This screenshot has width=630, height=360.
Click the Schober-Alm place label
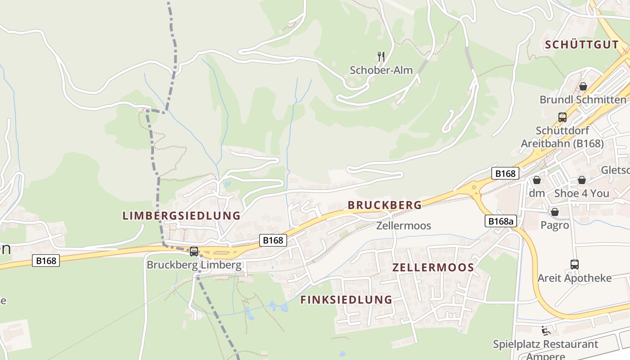381,70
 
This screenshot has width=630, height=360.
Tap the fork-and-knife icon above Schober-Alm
381,57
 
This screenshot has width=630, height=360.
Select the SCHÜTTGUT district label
581,45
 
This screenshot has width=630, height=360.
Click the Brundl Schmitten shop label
583,99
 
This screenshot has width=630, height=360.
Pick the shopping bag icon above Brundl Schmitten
583,86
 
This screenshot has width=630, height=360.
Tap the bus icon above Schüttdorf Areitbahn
562,117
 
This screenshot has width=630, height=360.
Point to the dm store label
537,193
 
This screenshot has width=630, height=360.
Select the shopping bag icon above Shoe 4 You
582,180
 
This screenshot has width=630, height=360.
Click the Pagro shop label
555,225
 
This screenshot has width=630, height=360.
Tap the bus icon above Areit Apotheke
575,265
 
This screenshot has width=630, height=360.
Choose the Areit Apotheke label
575,278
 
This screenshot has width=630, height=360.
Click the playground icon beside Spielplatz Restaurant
546,331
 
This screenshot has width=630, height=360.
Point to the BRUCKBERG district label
385,205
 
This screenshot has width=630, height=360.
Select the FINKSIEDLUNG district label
346,300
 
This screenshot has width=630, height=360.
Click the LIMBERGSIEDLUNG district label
181,216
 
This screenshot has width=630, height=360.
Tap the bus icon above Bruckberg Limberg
194,252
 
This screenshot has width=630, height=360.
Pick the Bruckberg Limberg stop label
194,265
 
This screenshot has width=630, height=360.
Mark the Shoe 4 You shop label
581,193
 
